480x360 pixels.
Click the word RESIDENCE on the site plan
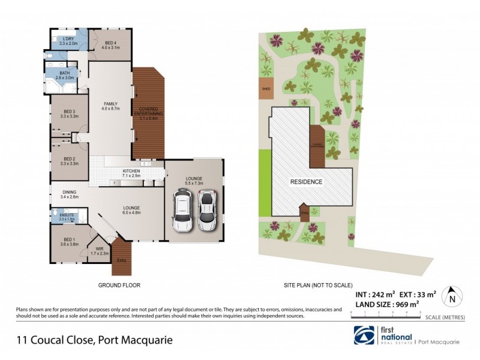(307, 182)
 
